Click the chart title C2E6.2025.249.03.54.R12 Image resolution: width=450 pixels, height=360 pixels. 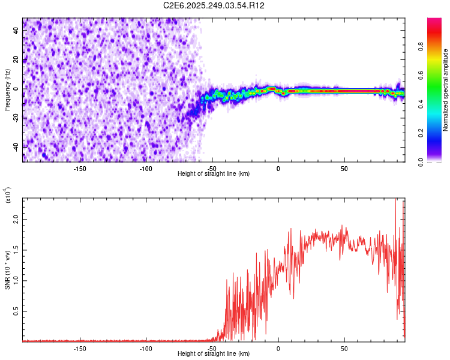click(x=214, y=5)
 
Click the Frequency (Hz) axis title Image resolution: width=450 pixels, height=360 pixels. click(x=7, y=90)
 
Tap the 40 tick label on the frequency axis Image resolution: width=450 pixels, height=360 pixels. click(x=17, y=31)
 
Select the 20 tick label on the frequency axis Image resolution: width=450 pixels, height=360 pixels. click(x=17, y=60)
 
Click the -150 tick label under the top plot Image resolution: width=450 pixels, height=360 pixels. click(x=80, y=169)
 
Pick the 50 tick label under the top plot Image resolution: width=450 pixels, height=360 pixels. click(x=344, y=169)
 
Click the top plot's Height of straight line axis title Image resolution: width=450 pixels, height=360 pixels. click(x=214, y=174)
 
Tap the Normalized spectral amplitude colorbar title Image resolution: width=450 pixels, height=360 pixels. click(x=445, y=90)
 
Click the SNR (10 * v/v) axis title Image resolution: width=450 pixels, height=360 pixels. click(x=7, y=270)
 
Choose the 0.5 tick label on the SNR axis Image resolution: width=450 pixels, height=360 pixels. click(x=16, y=311)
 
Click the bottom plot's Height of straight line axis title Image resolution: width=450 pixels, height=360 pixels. click(x=214, y=354)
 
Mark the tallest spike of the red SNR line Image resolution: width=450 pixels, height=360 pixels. click(x=395, y=200)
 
